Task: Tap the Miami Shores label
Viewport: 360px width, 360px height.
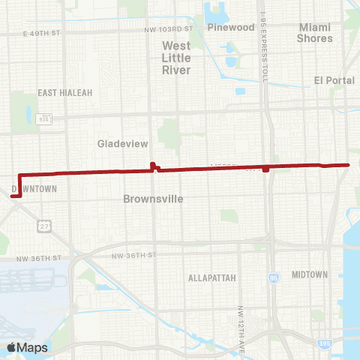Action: pyautogui.click(x=314, y=31)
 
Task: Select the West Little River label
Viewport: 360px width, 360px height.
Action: pyautogui.click(x=176, y=57)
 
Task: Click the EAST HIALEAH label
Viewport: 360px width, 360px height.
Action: pyautogui.click(x=64, y=92)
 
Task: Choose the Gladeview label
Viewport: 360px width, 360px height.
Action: pyautogui.click(x=122, y=142)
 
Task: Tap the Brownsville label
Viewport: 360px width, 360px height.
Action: pyautogui.click(x=153, y=199)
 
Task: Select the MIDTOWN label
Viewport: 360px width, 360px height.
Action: pyautogui.click(x=310, y=274)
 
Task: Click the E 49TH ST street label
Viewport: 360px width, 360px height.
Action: pyautogui.click(x=40, y=34)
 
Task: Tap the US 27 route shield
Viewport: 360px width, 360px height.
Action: pyautogui.click(x=46, y=226)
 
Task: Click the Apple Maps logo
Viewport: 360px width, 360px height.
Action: pyautogui.click(x=27, y=347)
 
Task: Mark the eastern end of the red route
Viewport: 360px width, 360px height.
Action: pyautogui.click(x=349, y=164)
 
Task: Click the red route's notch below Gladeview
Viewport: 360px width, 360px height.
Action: pyautogui.click(x=153, y=166)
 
